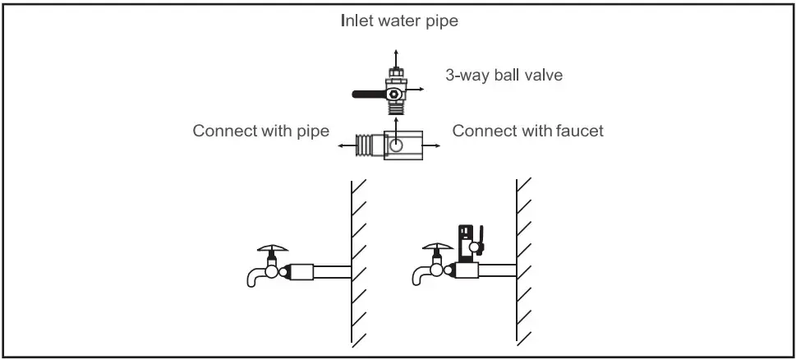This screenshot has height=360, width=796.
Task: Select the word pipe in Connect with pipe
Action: coord(312,131)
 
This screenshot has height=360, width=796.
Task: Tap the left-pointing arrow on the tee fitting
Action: coord(346,145)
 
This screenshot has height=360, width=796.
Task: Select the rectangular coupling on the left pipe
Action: coord(304,270)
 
